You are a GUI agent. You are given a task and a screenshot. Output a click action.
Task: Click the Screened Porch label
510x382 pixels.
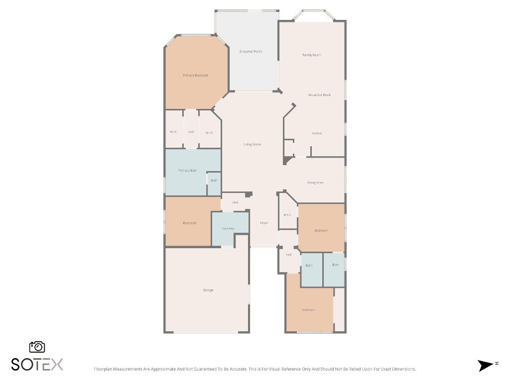coord(251,52)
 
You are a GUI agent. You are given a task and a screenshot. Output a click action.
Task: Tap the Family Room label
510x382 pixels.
coord(312,55)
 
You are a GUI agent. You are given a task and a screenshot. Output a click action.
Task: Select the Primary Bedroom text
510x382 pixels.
coord(196,76)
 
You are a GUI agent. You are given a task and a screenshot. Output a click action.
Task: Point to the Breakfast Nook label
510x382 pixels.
coord(319,95)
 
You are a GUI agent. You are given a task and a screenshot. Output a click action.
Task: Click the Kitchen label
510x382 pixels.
coord(317,133)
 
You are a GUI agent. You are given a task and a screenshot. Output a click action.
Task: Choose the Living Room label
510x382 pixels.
coord(252,145)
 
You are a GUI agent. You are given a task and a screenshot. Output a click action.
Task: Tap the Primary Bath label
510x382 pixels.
coord(188,171)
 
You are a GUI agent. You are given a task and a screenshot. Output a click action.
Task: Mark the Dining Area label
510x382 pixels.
coord(315,183)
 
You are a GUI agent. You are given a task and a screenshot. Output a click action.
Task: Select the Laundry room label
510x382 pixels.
coord(228,229)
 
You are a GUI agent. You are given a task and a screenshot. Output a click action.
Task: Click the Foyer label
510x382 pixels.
coord(264,223)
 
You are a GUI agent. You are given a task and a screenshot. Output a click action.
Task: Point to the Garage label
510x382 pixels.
coord(208,290)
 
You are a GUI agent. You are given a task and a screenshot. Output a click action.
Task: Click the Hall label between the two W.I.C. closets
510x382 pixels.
coord(191,132)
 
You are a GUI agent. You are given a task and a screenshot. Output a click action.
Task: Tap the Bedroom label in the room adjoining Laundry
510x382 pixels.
coord(190,223)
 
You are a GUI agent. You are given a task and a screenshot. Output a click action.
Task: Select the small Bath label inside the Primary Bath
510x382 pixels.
coord(214,181)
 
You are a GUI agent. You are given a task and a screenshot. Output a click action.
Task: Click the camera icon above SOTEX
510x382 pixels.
coord(37,347)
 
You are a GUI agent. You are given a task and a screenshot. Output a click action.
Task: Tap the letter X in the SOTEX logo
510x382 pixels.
coord(56,365)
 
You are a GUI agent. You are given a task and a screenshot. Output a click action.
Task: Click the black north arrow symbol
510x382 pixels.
coord(485,366)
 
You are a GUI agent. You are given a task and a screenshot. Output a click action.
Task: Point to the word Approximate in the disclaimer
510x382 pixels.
coord(157,369)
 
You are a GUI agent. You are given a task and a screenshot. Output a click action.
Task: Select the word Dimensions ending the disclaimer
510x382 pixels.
coord(404,369)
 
